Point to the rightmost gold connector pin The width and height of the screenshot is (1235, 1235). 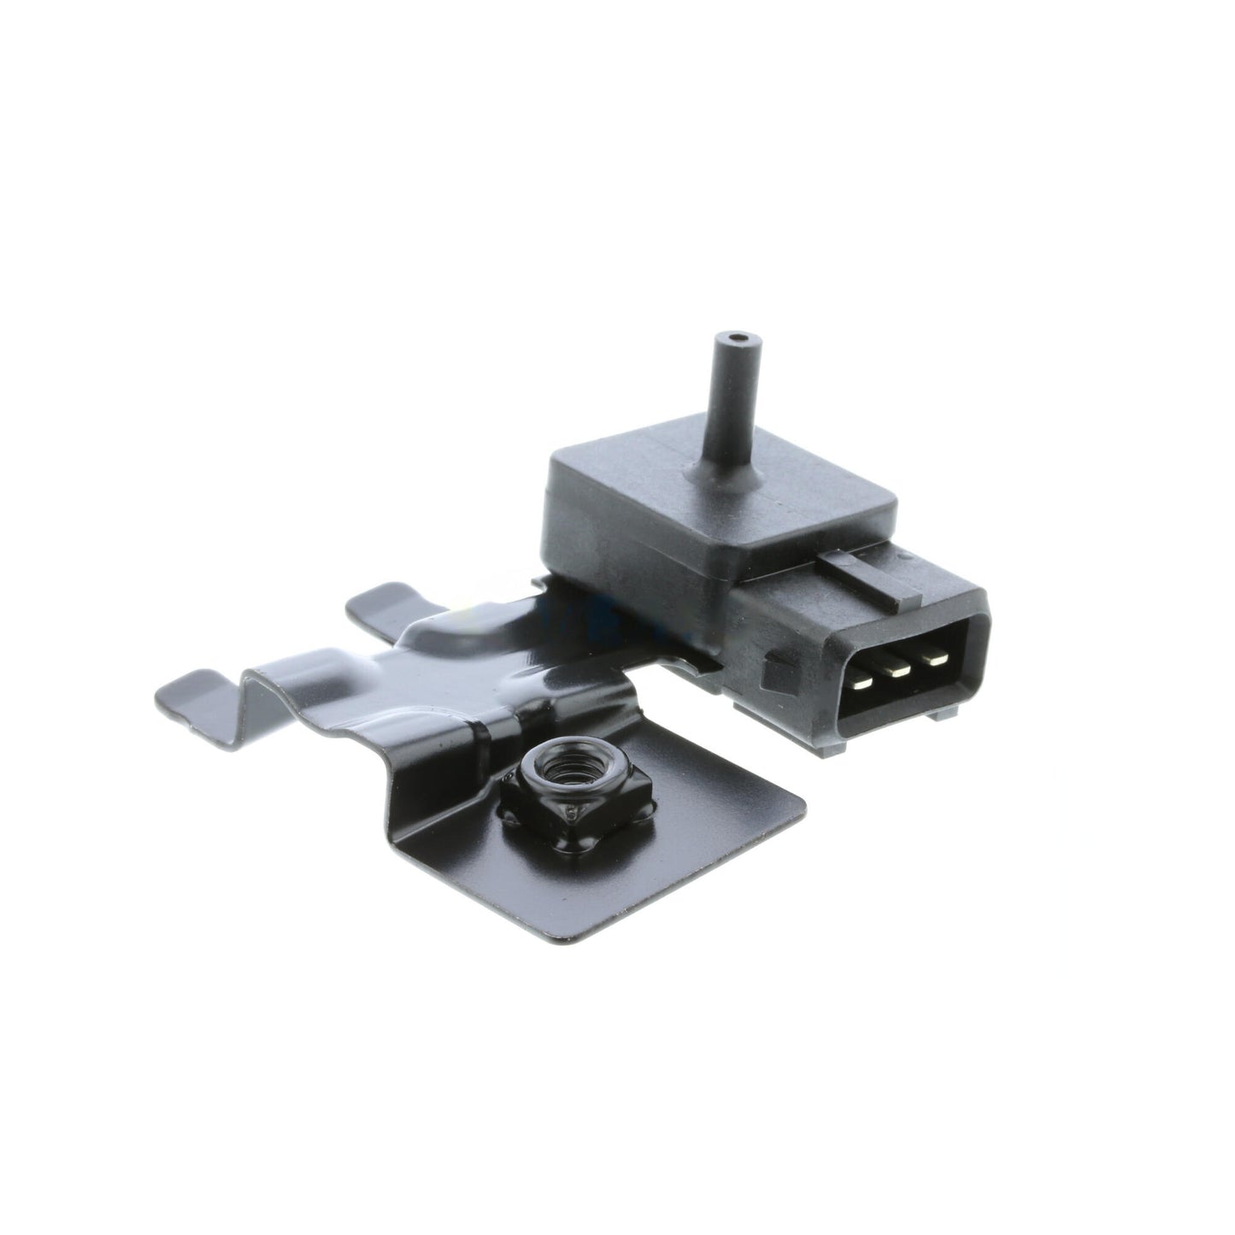tap(936, 659)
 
